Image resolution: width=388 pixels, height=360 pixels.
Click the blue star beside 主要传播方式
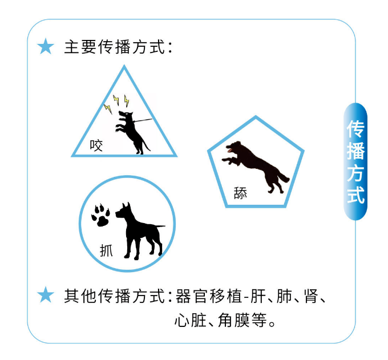coord(46,46)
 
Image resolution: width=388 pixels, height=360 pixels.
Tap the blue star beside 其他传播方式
coord(46,295)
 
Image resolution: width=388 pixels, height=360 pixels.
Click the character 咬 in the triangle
coord(96,145)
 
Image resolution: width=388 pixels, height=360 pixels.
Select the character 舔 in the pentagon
coord(240,193)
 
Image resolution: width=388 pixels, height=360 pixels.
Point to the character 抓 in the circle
coord(106,250)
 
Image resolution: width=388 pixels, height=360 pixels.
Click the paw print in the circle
coord(101,215)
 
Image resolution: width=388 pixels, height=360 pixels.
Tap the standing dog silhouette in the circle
coord(140,231)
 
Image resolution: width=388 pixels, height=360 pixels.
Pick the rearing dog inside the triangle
coord(132,132)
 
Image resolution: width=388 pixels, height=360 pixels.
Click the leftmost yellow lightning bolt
coord(108,109)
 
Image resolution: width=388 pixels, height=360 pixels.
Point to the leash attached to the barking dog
coord(143,120)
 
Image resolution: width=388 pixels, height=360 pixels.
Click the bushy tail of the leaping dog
coord(283,176)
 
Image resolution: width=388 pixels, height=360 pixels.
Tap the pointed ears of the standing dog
coord(126,205)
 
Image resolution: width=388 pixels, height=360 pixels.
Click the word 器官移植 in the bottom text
coord(209,296)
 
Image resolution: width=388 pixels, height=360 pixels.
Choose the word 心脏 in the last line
coord(191,320)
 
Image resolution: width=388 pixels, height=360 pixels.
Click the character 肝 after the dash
coord(258,296)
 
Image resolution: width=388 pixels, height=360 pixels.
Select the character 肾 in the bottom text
coord(311,296)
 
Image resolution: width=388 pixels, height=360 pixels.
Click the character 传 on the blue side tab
coord(355,129)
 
